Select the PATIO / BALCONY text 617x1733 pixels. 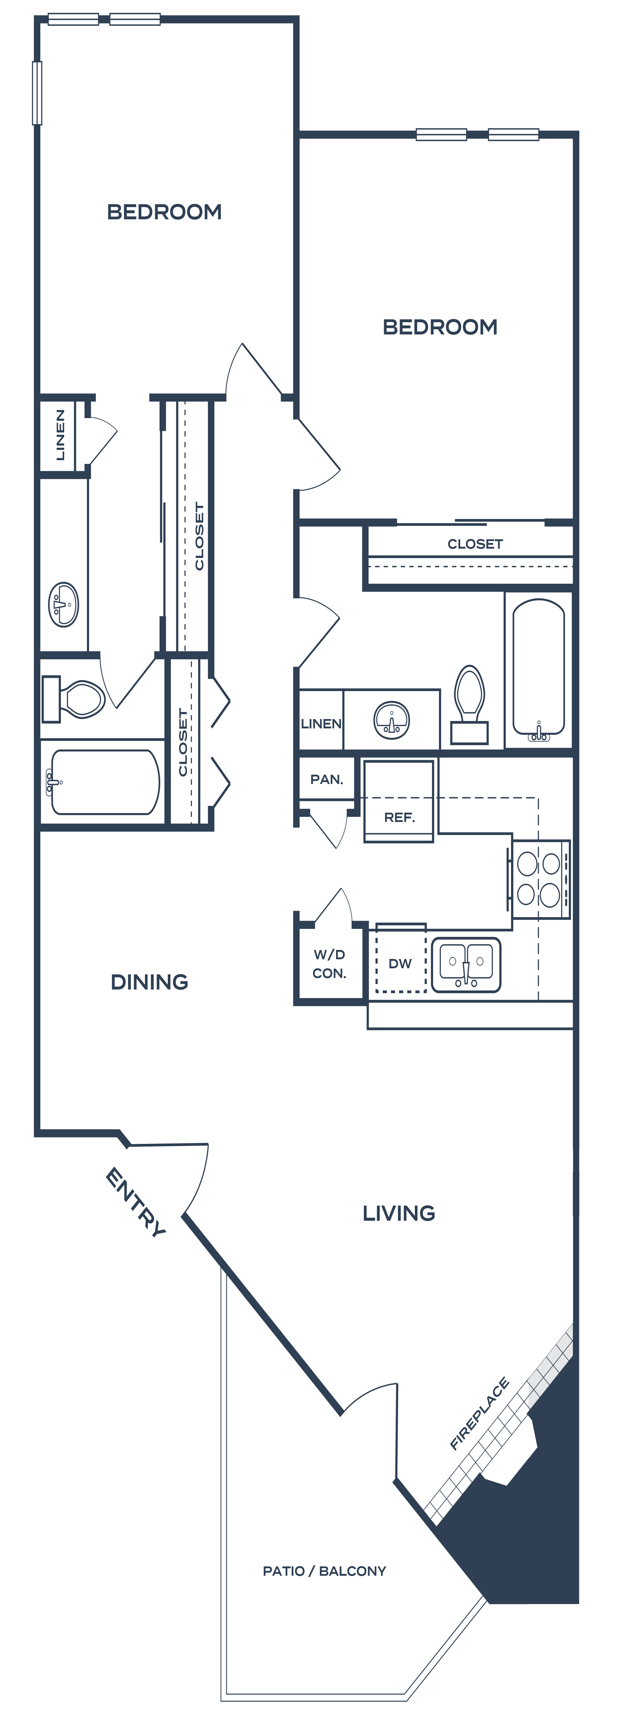coord(324,1571)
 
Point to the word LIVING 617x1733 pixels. coord(398,1213)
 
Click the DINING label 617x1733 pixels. coord(149,982)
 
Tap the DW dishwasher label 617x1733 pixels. coord(400,963)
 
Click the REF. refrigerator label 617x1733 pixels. coord(399,817)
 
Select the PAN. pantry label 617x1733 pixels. coord(326,780)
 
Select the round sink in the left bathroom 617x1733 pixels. coord(64,605)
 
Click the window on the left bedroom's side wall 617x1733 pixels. coord(37,93)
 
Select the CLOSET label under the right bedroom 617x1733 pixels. coord(475,543)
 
